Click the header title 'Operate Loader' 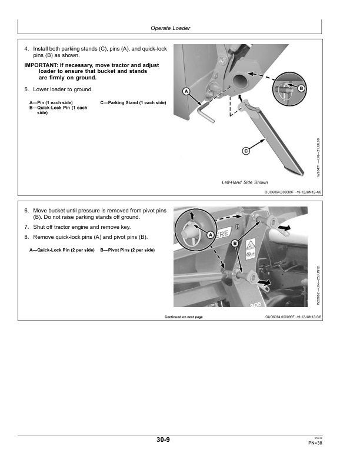point(171,28)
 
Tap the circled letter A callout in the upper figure point(186,92)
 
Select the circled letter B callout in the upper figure point(301,88)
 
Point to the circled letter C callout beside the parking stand point(246,151)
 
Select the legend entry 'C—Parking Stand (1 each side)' point(134,103)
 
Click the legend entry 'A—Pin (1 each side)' point(51,103)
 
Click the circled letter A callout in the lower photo point(210,234)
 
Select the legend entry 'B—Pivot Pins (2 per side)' point(128,250)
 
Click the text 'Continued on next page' point(184,317)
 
